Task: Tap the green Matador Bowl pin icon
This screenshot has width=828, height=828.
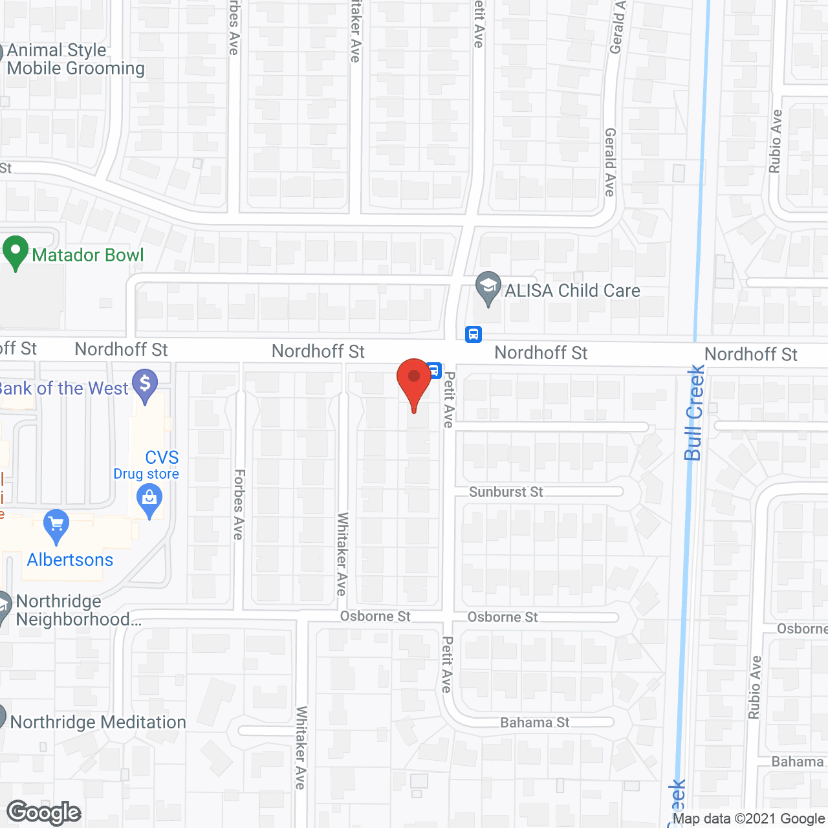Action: pyautogui.click(x=16, y=252)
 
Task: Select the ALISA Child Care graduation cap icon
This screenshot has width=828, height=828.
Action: pyautogui.click(x=488, y=287)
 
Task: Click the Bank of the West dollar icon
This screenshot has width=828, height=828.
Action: pyautogui.click(x=145, y=385)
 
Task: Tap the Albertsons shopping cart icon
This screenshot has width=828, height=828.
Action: pyautogui.click(x=56, y=525)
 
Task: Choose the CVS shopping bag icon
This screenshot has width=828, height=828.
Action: pyautogui.click(x=149, y=501)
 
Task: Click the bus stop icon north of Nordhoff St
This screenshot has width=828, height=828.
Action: pyautogui.click(x=474, y=334)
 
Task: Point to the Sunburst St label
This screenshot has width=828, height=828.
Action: pyautogui.click(x=506, y=492)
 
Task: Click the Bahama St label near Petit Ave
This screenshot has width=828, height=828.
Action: pyautogui.click(x=535, y=723)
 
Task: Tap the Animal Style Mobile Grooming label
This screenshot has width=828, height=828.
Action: pyautogui.click(x=75, y=60)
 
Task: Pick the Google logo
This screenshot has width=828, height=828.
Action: pyautogui.click(x=44, y=812)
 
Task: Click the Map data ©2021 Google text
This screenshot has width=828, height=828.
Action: pyautogui.click(x=748, y=819)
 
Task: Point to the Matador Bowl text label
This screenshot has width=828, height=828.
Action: pyautogui.click(x=88, y=256)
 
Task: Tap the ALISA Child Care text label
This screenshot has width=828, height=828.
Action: pyautogui.click(x=572, y=291)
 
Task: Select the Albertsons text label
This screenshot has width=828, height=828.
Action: pyautogui.click(x=70, y=560)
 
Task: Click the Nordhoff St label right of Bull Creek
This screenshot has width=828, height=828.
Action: pyautogui.click(x=751, y=354)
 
